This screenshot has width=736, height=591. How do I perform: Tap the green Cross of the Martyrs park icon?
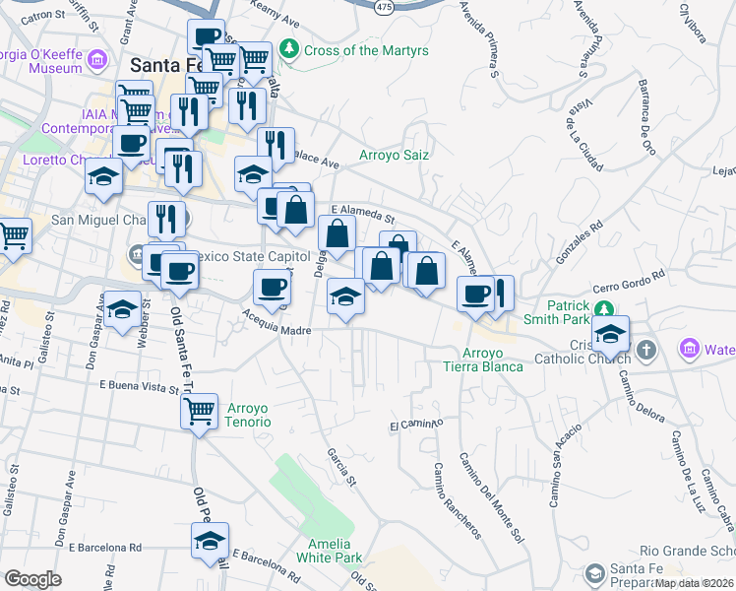click(289, 48)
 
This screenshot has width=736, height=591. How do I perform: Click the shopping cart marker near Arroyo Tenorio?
click(198, 410)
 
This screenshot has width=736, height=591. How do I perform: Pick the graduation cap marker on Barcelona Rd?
click(210, 541)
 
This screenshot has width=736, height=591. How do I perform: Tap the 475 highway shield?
click(385, 5)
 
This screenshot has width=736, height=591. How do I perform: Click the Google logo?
click(32, 579)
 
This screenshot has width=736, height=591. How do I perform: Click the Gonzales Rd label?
click(579, 241)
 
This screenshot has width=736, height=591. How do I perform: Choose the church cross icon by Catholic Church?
click(646, 349)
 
